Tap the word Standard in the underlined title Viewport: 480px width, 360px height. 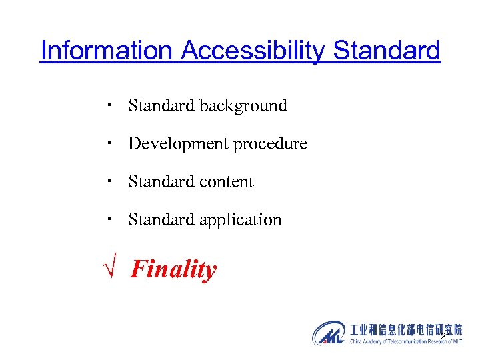click(387, 50)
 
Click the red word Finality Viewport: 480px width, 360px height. click(173, 270)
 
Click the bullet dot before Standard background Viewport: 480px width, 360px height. click(108, 105)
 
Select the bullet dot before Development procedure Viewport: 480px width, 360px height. click(108, 143)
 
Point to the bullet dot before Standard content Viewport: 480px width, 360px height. click(108, 181)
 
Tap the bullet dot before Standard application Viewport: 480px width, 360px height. click(108, 219)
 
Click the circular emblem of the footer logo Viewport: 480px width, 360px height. click(329, 333)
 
